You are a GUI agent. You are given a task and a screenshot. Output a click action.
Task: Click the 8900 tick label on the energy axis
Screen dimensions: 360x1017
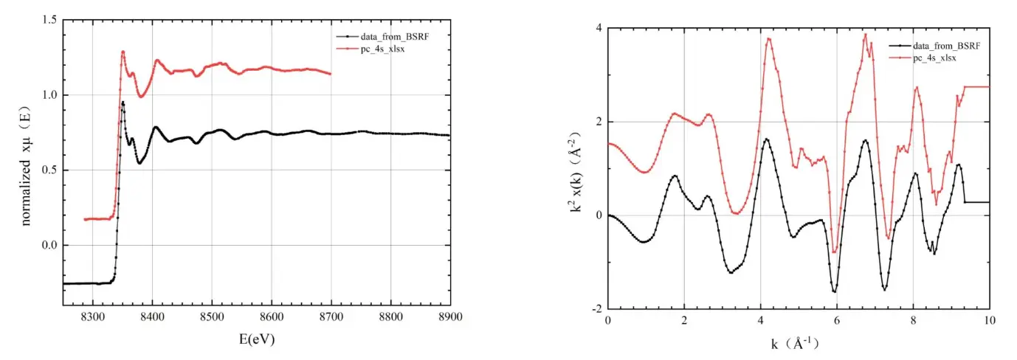[449, 316]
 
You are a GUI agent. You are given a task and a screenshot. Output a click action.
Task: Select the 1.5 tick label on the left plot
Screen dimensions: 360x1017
[49, 20]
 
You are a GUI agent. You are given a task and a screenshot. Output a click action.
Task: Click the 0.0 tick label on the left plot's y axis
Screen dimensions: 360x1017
[49, 245]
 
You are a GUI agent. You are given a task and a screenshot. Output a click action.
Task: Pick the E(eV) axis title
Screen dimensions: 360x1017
[255, 339]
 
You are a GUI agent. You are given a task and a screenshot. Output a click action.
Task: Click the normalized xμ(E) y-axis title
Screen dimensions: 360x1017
[27, 161]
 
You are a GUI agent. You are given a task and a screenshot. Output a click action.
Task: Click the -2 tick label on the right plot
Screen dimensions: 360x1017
[596, 309]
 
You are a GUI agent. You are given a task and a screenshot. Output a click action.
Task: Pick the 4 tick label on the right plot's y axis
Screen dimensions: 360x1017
[599, 28]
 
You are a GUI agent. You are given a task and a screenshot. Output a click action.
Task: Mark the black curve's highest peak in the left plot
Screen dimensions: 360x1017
[123, 103]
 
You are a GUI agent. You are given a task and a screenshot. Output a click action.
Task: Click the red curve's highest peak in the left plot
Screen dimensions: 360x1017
[123, 52]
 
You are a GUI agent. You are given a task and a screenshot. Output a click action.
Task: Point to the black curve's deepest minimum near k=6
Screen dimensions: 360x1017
[835, 292]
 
